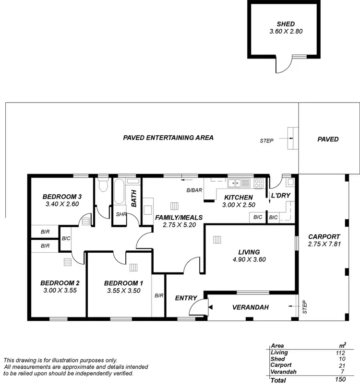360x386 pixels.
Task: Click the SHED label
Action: click(x=285, y=24)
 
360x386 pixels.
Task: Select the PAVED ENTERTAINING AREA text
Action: click(x=168, y=138)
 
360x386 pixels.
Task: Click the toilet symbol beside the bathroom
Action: click(x=102, y=186)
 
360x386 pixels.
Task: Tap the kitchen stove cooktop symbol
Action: click(x=259, y=182)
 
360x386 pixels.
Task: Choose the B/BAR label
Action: click(x=194, y=190)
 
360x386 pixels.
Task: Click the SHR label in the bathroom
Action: click(x=120, y=214)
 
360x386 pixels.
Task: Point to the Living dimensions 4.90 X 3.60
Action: click(x=249, y=259)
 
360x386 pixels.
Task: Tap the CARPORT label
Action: click(x=324, y=236)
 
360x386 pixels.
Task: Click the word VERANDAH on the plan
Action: click(x=250, y=307)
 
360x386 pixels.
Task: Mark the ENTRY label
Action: click(x=186, y=298)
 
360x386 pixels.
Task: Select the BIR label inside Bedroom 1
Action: click(x=159, y=295)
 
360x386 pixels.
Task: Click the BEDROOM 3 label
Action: click(x=62, y=196)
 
